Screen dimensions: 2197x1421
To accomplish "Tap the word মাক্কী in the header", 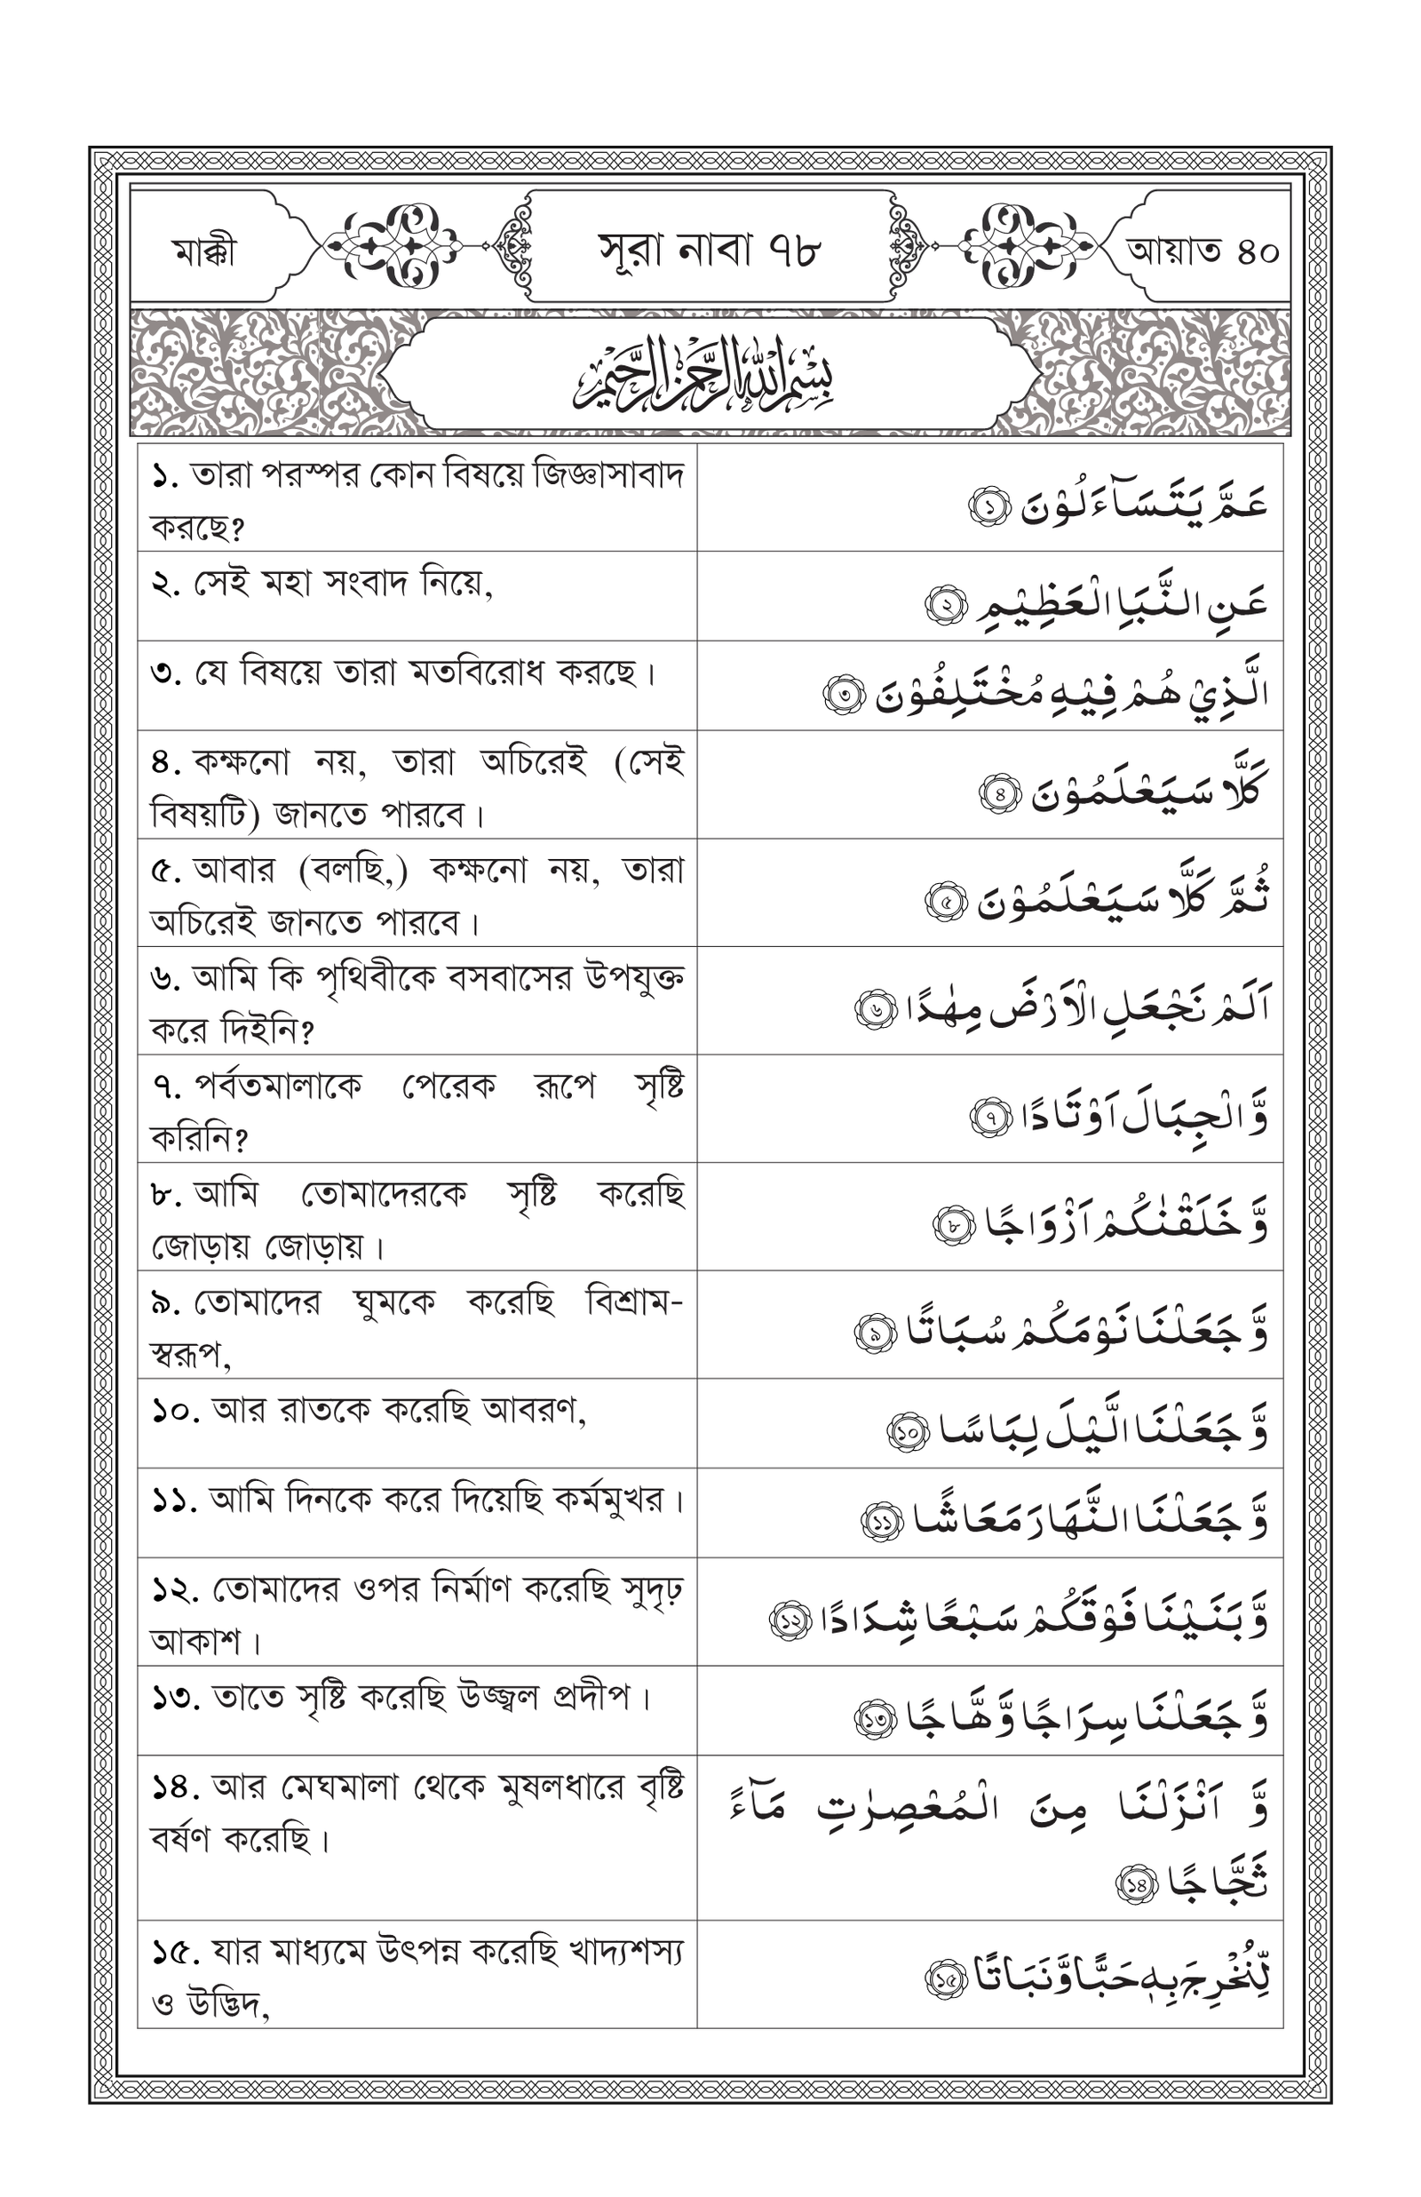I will (x=204, y=251).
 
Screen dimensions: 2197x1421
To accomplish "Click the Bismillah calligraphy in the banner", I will (x=703, y=374).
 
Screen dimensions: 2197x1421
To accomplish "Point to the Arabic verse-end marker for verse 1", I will (x=988, y=506).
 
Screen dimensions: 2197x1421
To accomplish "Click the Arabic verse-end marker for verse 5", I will (x=946, y=902).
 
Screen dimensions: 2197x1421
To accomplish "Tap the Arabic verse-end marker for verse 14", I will (x=1136, y=1884).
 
